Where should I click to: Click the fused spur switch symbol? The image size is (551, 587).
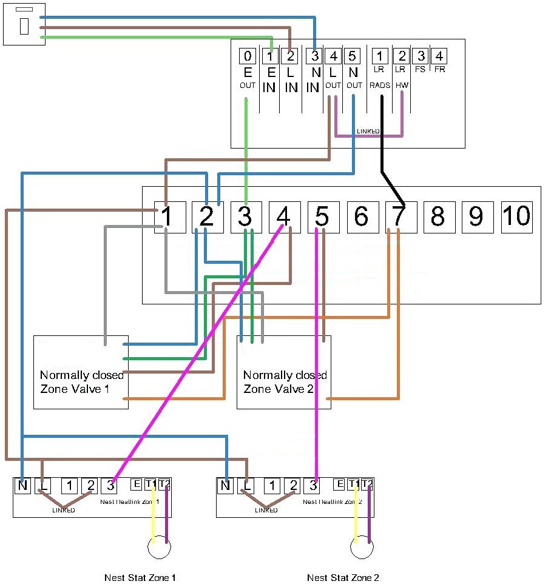pyautogui.click(x=24, y=24)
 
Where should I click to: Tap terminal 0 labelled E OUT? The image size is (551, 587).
pyautogui.click(x=247, y=57)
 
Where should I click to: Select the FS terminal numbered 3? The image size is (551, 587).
pyautogui.click(x=420, y=57)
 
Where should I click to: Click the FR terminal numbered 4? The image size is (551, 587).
pyautogui.click(x=439, y=57)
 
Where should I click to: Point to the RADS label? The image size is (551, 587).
pyautogui.click(x=380, y=86)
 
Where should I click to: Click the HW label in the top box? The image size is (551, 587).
pyautogui.click(x=401, y=86)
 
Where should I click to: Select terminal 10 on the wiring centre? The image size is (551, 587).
pyautogui.click(x=516, y=216)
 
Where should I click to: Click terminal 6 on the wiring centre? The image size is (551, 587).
pyautogui.click(x=362, y=216)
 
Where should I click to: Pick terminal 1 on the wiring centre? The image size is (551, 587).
pyautogui.click(x=167, y=216)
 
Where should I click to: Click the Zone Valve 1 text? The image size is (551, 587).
pyautogui.click(x=75, y=389)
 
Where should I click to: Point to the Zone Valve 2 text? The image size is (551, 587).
pyautogui.click(x=278, y=389)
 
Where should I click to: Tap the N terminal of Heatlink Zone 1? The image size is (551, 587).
pyautogui.click(x=22, y=485)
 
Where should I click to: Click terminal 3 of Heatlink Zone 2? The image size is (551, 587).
pyautogui.click(x=313, y=485)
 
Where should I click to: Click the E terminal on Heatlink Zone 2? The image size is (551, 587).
pyautogui.click(x=340, y=485)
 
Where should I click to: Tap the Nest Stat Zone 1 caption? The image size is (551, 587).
pyautogui.click(x=140, y=577)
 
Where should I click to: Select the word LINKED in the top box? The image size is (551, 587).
pyautogui.click(x=368, y=131)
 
